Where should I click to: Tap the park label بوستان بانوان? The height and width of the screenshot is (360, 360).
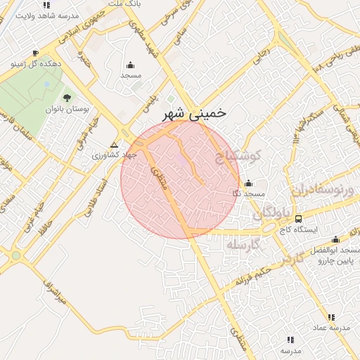(65, 109)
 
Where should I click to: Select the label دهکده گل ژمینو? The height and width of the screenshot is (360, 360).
(35, 63)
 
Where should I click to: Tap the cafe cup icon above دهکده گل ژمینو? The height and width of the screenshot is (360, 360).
(35, 53)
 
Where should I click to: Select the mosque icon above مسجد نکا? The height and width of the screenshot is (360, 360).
(248, 183)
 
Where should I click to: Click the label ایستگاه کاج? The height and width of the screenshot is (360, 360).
(299, 230)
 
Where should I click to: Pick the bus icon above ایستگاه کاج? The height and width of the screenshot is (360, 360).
(298, 219)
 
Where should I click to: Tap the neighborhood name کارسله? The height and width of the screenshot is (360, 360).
(243, 244)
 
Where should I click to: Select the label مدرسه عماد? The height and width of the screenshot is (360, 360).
(330, 328)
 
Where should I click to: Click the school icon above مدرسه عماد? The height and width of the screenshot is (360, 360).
(330, 318)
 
